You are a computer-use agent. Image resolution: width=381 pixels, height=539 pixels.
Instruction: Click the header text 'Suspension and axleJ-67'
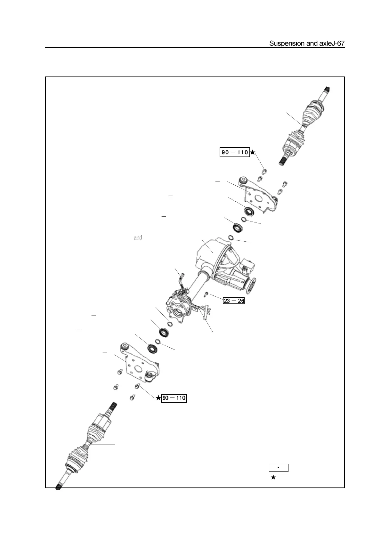click(x=306, y=44)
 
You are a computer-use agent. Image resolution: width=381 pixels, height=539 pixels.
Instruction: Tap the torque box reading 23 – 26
click(x=234, y=301)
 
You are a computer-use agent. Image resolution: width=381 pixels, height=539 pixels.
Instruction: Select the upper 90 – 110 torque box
click(x=235, y=152)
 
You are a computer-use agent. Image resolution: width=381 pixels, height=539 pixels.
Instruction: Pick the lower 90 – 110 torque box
click(x=174, y=398)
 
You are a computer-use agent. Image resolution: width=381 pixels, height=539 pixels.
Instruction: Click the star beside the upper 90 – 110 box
click(x=253, y=152)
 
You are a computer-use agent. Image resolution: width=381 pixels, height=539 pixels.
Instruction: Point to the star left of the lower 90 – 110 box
click(x=158, y=398)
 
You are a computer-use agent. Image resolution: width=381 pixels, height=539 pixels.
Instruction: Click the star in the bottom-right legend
click(x=273, y=478)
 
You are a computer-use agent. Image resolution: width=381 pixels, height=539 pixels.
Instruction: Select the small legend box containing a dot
click(x=279, y=468)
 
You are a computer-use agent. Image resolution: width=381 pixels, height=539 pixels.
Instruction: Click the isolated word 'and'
click(x=138, y=238)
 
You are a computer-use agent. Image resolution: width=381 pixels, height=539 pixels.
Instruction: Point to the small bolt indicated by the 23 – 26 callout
click(x=207, y=294)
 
